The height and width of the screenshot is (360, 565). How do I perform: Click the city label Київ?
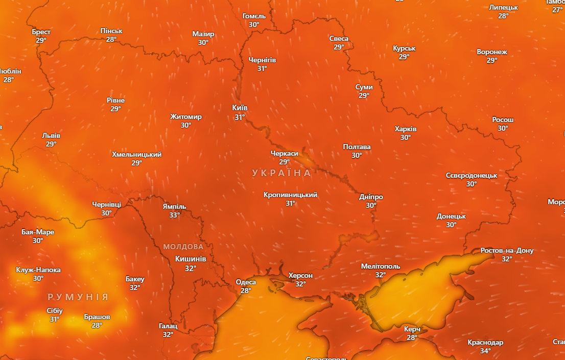[x=240, y=108]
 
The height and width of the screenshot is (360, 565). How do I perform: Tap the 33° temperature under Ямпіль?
[x=175, y=215]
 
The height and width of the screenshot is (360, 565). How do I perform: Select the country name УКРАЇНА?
[x=281, y=173]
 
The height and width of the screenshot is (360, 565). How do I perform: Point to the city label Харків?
[x=406, y=129]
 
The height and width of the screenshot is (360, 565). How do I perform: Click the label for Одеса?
[x=246, y=282]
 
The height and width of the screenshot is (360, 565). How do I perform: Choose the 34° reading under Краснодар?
[x=485, y=351]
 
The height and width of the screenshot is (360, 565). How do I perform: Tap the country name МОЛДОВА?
[x=183, y=247]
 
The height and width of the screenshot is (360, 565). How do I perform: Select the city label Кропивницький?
[x=291, y=195]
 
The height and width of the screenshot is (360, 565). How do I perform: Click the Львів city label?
[x=51, y=136]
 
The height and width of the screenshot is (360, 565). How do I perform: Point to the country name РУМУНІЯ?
[x=78, y=297]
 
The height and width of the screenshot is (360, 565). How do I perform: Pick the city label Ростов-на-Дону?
[x=507, y=251]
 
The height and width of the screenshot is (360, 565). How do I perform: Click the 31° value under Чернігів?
[x=262, y=68]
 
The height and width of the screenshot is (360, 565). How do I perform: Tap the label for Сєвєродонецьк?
[x=472, y=175]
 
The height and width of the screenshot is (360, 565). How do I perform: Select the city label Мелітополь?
[x=381, y=266]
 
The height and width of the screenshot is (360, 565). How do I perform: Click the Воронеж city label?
[x=492, y=52]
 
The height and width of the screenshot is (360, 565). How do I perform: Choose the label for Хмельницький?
[x=137, y=154]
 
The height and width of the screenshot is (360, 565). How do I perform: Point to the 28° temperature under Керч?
[x=412, y=338]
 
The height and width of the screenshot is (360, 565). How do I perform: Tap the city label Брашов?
[x=97, y=317]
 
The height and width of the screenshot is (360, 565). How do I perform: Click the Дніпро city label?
[x=371, y=197]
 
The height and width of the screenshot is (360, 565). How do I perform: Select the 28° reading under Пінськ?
[x=111, y=39]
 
